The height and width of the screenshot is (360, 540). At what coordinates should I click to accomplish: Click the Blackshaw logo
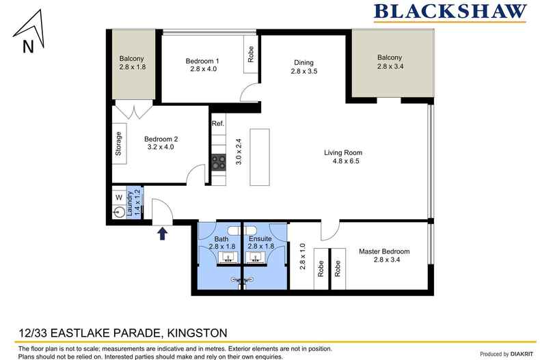click(450, 12)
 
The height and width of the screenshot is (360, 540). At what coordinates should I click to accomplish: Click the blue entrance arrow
click(163, 234)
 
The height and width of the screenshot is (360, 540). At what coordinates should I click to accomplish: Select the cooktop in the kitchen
click(219, 163)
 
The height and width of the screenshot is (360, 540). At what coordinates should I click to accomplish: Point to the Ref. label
click(218, 123)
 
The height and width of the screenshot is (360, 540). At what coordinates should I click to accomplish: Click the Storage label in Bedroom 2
click(118, 143)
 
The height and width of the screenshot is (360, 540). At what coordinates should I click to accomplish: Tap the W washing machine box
click(119, 197)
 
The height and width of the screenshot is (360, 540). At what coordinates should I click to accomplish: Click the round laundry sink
click(120, 212)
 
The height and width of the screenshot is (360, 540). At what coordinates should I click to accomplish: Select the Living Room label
click(343, 152)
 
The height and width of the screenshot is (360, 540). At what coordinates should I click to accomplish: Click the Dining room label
click(303, 63)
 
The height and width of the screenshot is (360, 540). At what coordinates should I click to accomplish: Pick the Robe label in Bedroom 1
click(251, 55)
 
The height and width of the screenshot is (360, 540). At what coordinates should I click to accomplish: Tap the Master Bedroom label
click(384, 251)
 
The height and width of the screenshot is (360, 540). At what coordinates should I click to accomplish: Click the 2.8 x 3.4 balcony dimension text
click(390, 66)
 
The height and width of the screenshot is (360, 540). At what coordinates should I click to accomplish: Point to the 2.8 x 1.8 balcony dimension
click(133, 67)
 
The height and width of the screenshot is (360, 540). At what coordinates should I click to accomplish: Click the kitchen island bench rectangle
click(260, 157)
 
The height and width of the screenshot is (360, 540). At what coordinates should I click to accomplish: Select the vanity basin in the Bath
click(228, 258)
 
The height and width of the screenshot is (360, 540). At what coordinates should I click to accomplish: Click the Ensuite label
click(260, 239)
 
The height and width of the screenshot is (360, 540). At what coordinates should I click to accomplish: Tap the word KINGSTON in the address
click(197, 333)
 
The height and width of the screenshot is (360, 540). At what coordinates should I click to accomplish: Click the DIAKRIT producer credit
click(522, 354)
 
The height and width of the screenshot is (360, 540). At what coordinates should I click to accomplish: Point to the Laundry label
click(130, 204)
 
